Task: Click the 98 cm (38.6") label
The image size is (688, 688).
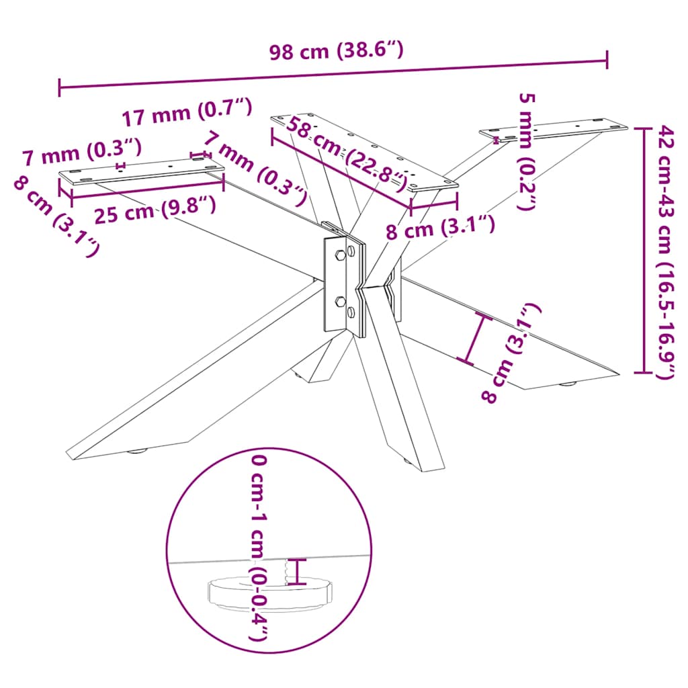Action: [x=336, y=52]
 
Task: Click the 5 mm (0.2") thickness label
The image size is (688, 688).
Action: [x=527, y=151]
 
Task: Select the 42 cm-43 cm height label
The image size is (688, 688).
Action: [x=664, y=252]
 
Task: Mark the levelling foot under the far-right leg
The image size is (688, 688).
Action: [x=569, y=385]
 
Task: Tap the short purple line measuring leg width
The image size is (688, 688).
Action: [x=474, y=339]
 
